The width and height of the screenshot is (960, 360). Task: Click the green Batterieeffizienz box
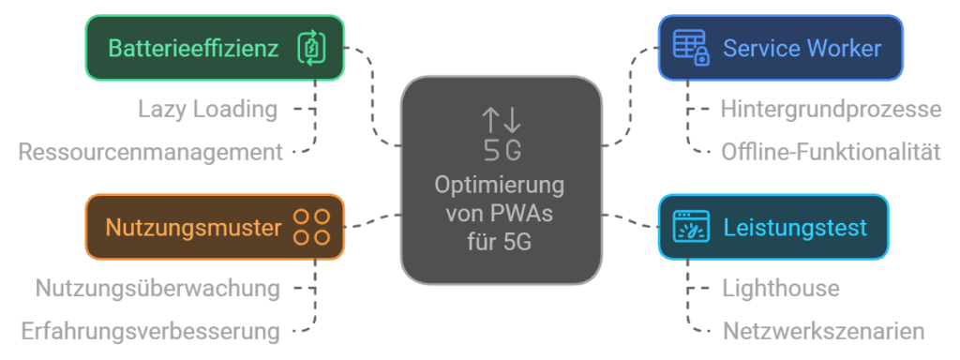coord(215,48)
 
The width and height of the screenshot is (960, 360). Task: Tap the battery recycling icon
coord(311,48)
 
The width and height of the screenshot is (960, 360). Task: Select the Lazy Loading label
coord(207,110)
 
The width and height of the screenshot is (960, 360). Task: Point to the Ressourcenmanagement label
coord(151,152)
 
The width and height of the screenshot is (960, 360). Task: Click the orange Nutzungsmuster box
coord(215,227)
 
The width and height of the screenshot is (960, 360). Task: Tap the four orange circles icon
coord(311,227)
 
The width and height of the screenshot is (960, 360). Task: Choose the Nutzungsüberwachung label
coord(157,288)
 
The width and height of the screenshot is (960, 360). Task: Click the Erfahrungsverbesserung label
coord(151,331)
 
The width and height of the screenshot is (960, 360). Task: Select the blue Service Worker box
coord(781,48)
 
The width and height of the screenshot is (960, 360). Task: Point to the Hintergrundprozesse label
coord(831,109)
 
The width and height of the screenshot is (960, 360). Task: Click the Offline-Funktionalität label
coord(831,152)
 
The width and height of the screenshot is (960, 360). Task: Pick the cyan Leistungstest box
coord(773,227)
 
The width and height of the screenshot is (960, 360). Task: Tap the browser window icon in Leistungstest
coord(691,227)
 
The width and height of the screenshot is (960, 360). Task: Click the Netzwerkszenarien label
coord(823,331)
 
